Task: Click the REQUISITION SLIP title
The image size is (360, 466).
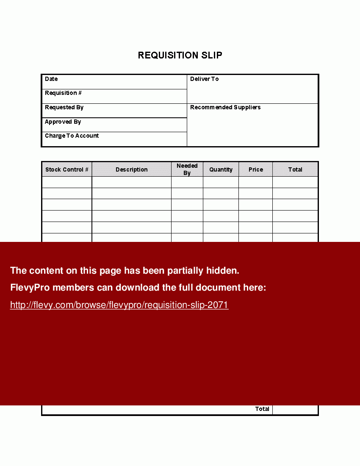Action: click(x=180, y=55)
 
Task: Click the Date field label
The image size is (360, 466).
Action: click(x=51, y=79)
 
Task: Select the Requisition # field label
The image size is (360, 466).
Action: click(x=63, y=93)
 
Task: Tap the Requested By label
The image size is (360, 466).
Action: click(x=64, y=107)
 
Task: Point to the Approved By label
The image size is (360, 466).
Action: click(x=63, y=122)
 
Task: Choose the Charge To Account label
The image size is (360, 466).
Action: click(x=72, y=136)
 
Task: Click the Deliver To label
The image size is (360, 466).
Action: click(x=204, y=79)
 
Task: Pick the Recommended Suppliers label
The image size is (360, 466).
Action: click(x=225, y=107)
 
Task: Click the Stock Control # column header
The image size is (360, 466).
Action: click(x=67, y=169)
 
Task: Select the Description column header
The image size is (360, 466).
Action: click(x=131, y=169)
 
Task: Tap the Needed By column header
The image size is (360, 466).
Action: click(x=187, y=169)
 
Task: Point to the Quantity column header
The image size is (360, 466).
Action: click(x=221, y=169)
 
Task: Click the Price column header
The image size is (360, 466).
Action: click(x=255, y=169)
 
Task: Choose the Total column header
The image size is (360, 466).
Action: click(x=295, y=169)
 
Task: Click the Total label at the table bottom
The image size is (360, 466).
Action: click(x=262, y=409)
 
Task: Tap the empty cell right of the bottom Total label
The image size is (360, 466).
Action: click(x=295, y=409)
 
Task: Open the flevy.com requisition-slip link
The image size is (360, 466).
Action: click(x=119, y=305)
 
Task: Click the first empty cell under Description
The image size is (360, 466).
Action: click(x=131, y=182)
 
